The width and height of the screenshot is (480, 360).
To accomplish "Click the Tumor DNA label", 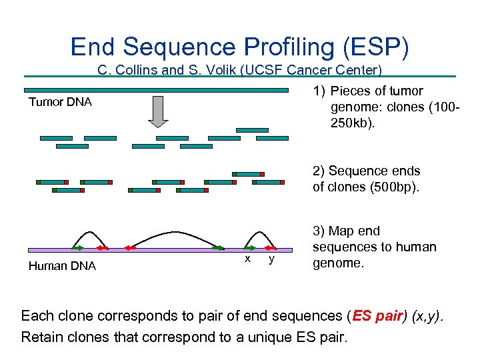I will [x=60, y=102].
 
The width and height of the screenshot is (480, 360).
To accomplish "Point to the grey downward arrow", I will [x=158, y=111].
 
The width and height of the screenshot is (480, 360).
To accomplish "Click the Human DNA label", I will [x=62, y=266].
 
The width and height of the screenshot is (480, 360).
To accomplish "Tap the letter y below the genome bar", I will [x=271, y=259].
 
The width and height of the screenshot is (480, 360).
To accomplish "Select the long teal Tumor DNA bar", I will [x=157, y=90].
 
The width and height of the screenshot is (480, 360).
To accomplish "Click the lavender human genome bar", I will [x=160, y=250].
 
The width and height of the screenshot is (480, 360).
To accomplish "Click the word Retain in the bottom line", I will [x=43, y=337].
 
